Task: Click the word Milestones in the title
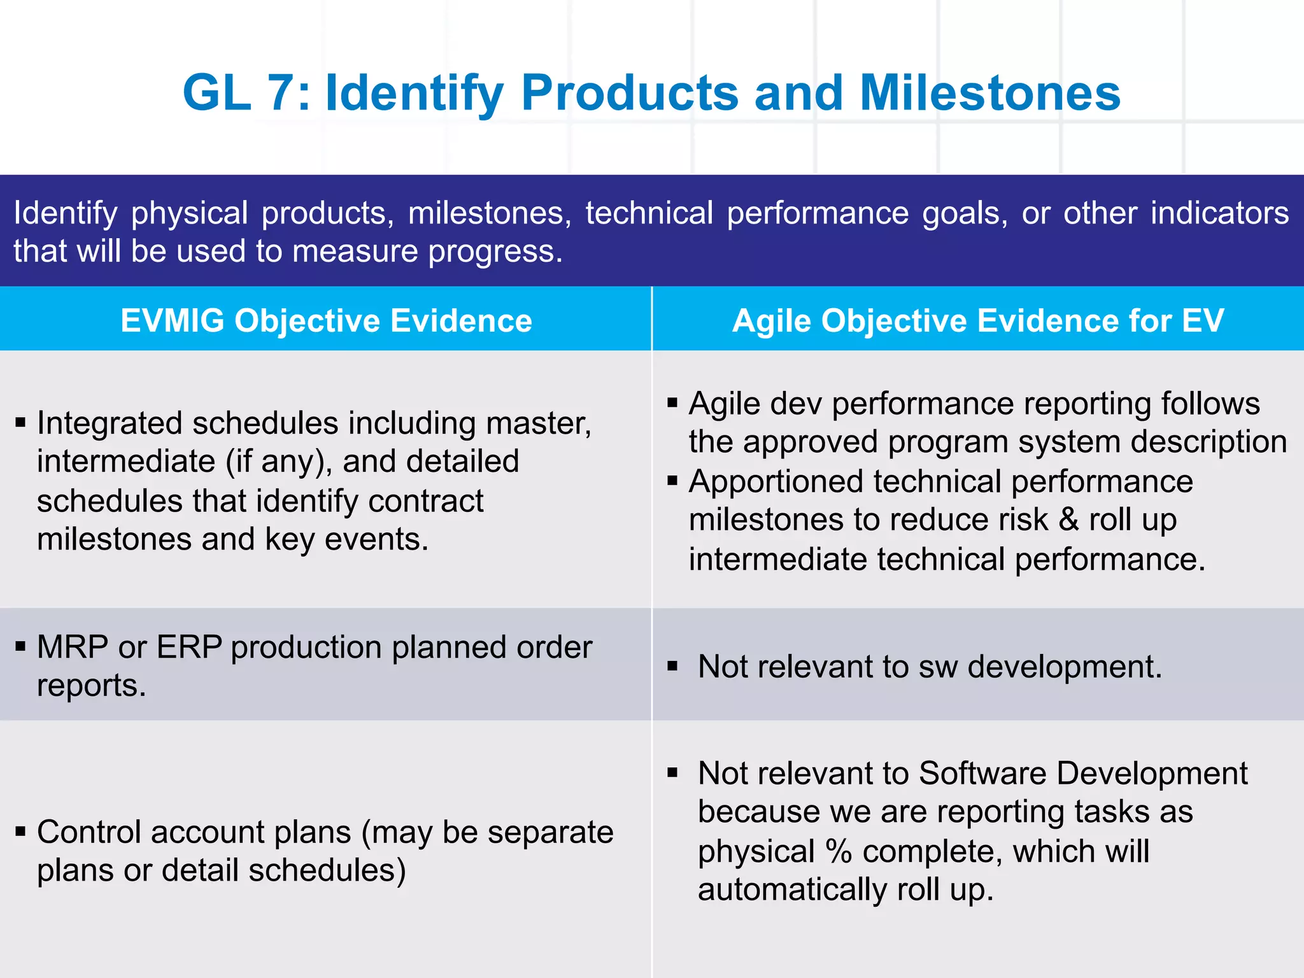[989, 93]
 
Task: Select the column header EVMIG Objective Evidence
[326, 320]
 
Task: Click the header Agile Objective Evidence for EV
[977, 320]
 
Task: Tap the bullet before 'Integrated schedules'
[20, 422]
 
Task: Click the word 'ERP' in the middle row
[189, 648]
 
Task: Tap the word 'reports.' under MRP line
[91, 686]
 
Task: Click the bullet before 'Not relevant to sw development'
[672, 667]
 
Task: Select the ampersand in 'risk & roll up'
[1068, 520]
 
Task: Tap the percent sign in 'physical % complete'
[839, 851]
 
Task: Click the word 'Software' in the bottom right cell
[982, 774]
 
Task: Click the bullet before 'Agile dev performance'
[672, 403]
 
